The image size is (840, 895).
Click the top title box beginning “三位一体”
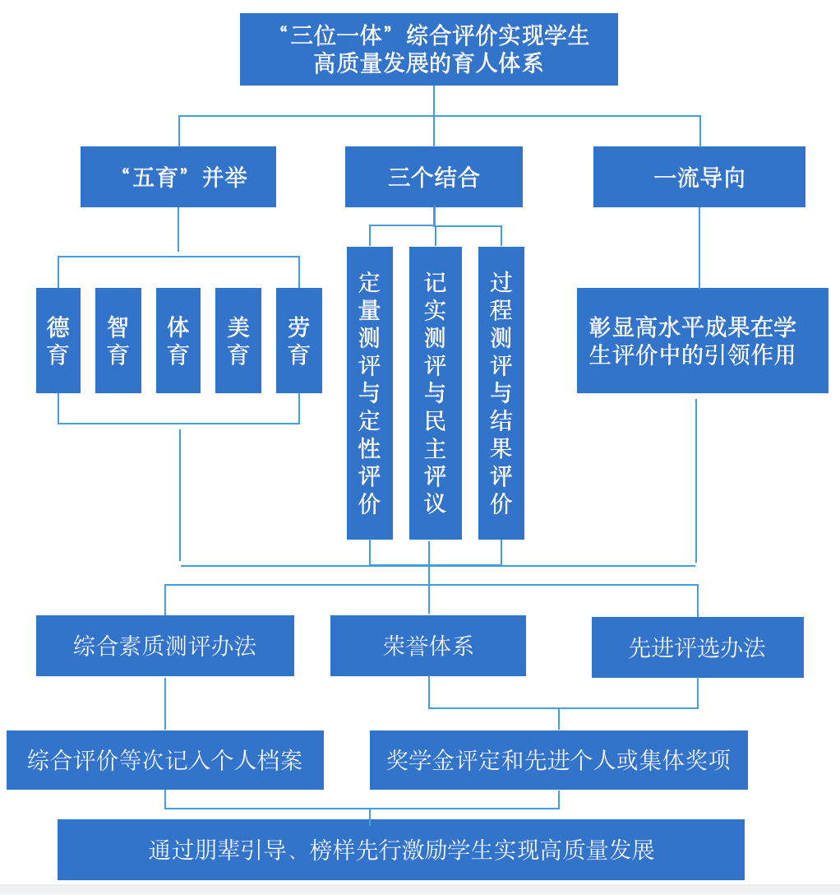428,49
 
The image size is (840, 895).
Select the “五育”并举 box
178,177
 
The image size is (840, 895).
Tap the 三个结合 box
433,177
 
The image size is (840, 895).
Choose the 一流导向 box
699,177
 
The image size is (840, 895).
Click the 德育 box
58,341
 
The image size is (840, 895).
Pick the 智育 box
118,341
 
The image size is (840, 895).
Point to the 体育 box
178,341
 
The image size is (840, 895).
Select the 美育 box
238,341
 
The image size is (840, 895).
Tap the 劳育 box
299,341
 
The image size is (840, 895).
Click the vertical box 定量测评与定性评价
370,393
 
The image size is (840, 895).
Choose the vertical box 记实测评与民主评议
436,393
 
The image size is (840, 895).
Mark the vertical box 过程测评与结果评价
501,393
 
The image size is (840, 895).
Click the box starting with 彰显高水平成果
702,341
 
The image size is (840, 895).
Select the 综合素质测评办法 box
165,646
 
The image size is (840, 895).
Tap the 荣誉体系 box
428,646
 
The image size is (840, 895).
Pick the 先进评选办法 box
698,647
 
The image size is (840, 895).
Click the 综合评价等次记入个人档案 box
165,760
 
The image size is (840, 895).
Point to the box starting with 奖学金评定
559,760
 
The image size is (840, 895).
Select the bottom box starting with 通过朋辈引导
401,850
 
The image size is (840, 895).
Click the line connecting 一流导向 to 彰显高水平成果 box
699,247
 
